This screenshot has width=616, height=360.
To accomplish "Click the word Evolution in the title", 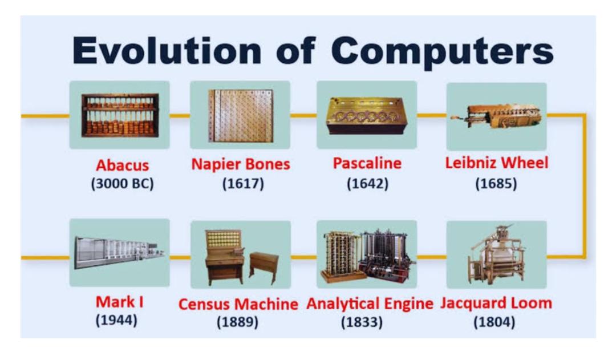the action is (x=167, y=51).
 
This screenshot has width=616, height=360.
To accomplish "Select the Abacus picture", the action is (x=120, y=115).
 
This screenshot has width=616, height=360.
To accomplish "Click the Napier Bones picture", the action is (x=240, y=115).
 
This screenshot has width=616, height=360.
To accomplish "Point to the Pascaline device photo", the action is (x=367, y=115).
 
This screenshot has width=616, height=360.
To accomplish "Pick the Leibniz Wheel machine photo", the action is (x=497, y=116).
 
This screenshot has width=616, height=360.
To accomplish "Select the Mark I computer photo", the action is (x=120, y=252).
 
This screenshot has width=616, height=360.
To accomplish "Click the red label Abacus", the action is (x=123, y=165).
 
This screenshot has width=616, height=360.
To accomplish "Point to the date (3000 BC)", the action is (x=123, y=184).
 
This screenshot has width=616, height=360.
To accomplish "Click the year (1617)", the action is (x=243, y=184).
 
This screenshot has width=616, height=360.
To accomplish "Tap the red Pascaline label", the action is (x=367, y=163).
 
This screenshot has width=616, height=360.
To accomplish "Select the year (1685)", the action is (x=496, y=184).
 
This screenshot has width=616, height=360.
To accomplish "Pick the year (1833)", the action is (x=362, y=322).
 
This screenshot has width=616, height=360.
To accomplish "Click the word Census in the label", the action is (x=206, y=304).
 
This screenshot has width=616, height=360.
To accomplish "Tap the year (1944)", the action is (x=117, y=320).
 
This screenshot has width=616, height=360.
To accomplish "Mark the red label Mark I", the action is (x=120, y=302).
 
